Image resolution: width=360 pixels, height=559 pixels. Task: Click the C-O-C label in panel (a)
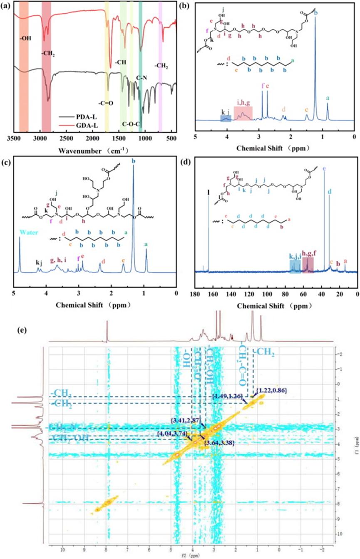tap(130, 124)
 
